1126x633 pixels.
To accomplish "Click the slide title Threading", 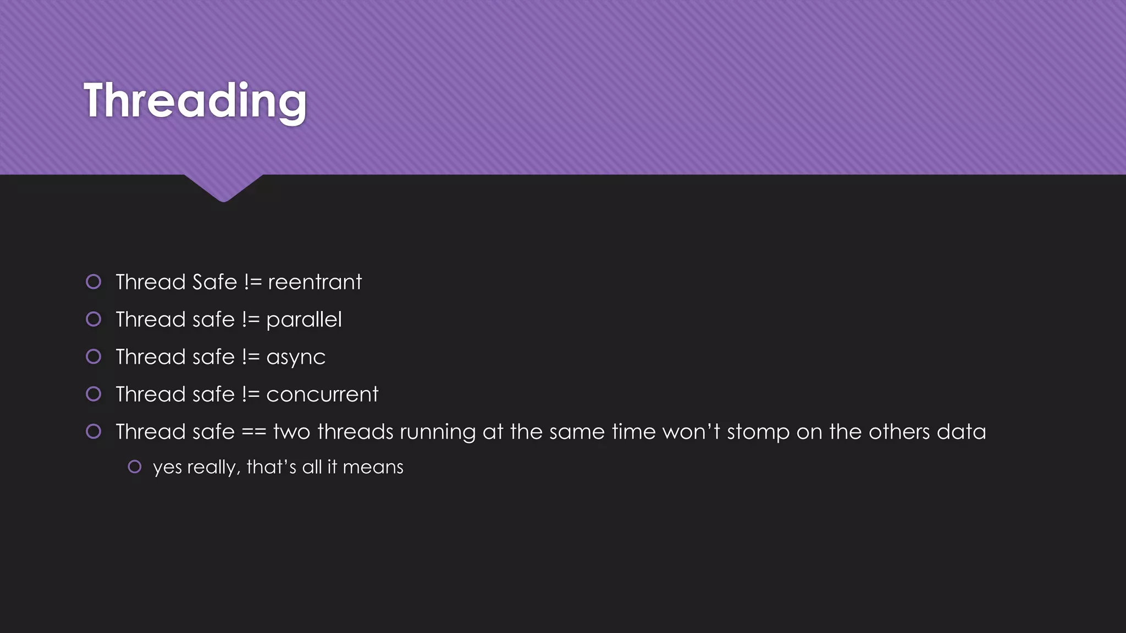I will (x=195, y=101).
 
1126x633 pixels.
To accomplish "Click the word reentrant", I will (x=314, y=282).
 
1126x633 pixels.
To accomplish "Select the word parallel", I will (x=303, y=320).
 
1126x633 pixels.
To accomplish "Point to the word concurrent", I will (x=322, y=395).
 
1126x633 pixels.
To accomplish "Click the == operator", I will (x=254, y=432).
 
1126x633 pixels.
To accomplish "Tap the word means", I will (x=373, y=467).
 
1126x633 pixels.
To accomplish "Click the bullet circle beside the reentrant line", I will (x=93, y=282).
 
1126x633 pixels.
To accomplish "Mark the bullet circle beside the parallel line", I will (x=93, y=319).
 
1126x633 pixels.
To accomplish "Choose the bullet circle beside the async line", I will (x=93, y=357).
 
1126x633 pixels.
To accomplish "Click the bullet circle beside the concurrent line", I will (x=93, y=394).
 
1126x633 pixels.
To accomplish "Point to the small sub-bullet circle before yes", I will (x=135, y=467).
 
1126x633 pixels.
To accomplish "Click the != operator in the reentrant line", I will (x=252, y=282).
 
